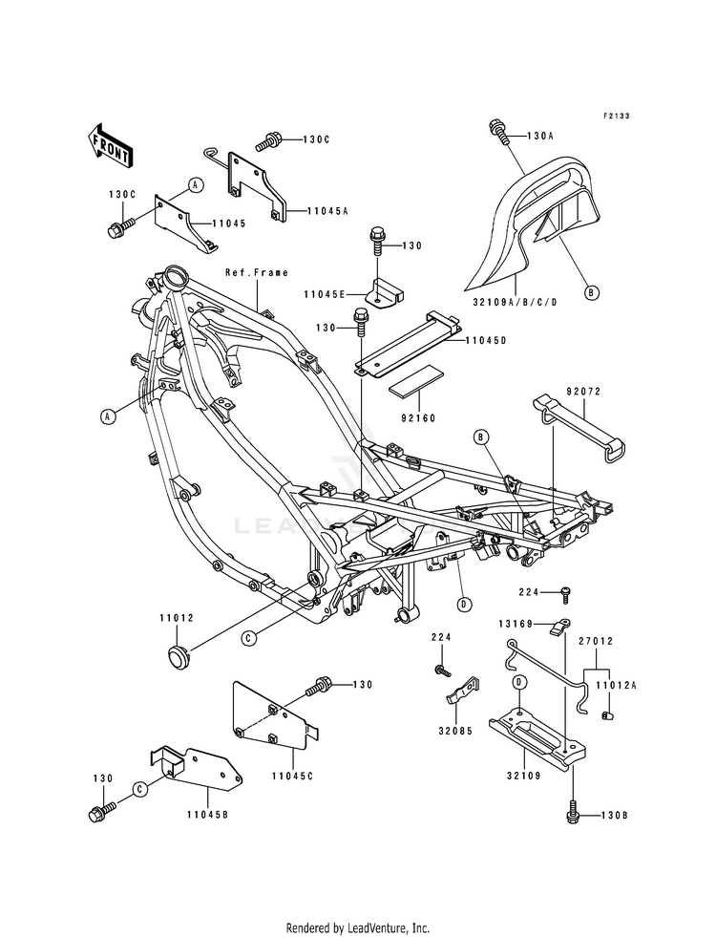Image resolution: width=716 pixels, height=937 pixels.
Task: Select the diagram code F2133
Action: (x=616, y=116)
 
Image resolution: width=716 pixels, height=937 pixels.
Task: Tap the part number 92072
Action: (x=567, y=392)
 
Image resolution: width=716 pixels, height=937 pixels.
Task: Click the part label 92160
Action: (x=419, y=419)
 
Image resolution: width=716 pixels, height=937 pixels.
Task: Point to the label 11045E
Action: (x=324, y=294)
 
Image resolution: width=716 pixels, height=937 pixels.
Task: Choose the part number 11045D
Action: (x=486, y=341)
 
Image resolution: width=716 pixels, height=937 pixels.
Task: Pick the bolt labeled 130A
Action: (x=499, y=132)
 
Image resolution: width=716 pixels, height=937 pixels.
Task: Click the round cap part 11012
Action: (x=177, y=657)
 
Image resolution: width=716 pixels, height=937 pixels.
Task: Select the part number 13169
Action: (x=516, y=624)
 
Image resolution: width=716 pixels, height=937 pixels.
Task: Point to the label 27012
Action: (x=596, y=641)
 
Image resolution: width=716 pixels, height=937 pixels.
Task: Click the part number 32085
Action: (x=455, y=731)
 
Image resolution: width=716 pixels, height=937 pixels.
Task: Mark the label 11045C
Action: (x=292, y=777)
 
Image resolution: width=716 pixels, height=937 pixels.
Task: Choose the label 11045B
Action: (x=207, y=815)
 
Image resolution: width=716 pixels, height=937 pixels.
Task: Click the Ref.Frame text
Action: (x=257, y=272)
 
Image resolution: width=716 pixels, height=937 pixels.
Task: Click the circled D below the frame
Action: (x=463, y=605)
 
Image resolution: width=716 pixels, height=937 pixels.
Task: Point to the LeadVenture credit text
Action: (x=358, y=928)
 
